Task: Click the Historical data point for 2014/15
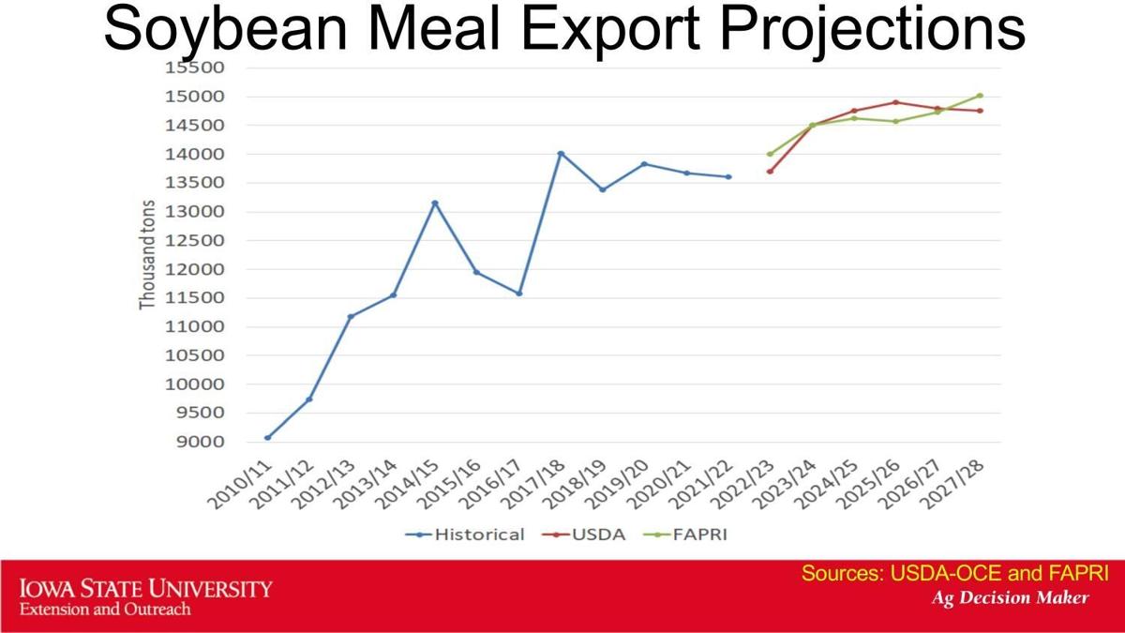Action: (435, 203)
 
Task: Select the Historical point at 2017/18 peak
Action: (561, 154)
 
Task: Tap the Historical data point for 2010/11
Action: (267, 437)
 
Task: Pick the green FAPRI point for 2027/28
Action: (980, 96)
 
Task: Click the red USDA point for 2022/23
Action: (770, 171)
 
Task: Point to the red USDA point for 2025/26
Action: (896, 102)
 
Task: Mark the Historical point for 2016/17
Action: (518, 294)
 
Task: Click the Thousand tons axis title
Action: (147, 254)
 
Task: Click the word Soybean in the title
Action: (224, 30)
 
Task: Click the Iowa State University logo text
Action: (145, 590)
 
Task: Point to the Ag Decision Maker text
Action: (1010, 597)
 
